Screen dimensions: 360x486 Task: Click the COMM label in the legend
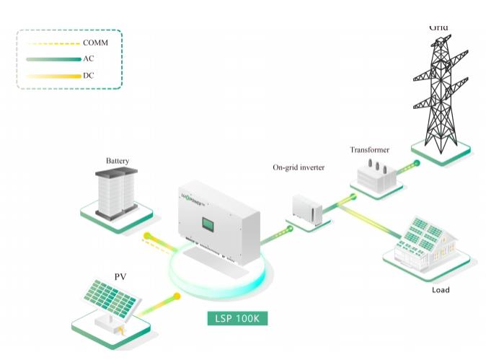(x=95, y=43)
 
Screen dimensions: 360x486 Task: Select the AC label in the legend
(x=89, y=58)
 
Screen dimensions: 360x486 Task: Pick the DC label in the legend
(x=89, y=75)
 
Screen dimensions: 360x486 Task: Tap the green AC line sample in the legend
(x=53, y=59)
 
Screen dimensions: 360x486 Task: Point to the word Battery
(x=118, y=160)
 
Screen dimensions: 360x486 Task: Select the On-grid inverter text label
(x=298, y=167)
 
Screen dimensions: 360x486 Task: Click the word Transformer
(x=369, y=150)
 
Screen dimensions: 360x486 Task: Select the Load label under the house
(x=440, y=290)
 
